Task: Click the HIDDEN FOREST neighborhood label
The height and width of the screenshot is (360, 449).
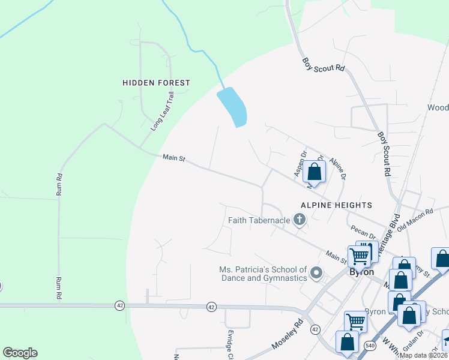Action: point(156,83)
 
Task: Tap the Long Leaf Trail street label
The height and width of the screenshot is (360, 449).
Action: point(163,112)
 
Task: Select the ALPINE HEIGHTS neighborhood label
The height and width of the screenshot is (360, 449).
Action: point(337,205)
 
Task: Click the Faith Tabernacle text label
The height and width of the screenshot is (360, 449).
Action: point(259,221)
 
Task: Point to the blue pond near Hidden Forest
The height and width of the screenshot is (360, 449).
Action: point(233,107)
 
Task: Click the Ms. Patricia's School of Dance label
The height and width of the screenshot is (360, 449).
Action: point(263,274)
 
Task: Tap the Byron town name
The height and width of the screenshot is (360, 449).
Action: point(362,272)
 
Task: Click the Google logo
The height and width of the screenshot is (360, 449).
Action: point(20,353)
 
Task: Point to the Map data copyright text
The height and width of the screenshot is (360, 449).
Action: point(423,355)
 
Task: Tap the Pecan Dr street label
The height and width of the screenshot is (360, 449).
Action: point(363,230)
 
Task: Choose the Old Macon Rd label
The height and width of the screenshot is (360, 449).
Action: point(415,220)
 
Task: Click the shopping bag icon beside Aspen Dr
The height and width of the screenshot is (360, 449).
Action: point(314,172)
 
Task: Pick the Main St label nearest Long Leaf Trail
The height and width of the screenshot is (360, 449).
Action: point(174,158)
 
